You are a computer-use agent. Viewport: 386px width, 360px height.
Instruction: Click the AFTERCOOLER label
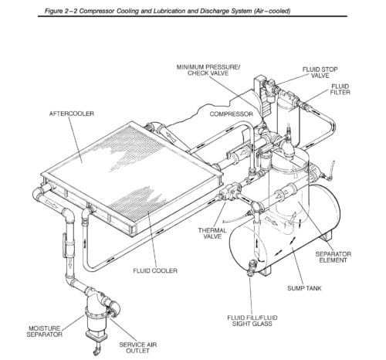[72, 114]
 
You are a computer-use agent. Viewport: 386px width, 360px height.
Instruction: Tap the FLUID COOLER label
[155, 270]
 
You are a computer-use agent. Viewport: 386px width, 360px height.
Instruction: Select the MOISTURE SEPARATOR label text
[45, 331]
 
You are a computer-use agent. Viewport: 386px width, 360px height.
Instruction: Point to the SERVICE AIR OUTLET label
[138, 348]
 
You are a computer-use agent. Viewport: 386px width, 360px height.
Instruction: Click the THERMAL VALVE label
[212, 233]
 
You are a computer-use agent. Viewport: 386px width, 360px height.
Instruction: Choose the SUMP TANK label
[304, 288]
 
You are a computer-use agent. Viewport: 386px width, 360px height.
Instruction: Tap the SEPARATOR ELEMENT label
[334, 257]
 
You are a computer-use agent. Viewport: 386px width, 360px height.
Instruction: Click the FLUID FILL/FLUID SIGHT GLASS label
[252, 321]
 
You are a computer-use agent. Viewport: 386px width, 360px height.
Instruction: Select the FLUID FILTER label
[340, 90]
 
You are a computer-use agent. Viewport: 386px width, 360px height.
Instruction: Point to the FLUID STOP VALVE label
[320, 73]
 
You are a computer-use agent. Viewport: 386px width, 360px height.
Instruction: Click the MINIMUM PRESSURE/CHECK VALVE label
[208, 70]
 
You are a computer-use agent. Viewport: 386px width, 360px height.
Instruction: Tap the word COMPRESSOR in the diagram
[231, 114]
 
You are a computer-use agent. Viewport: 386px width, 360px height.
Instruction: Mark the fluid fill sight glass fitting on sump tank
[252, 267]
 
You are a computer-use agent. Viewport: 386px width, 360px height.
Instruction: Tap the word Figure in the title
[53, 11]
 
